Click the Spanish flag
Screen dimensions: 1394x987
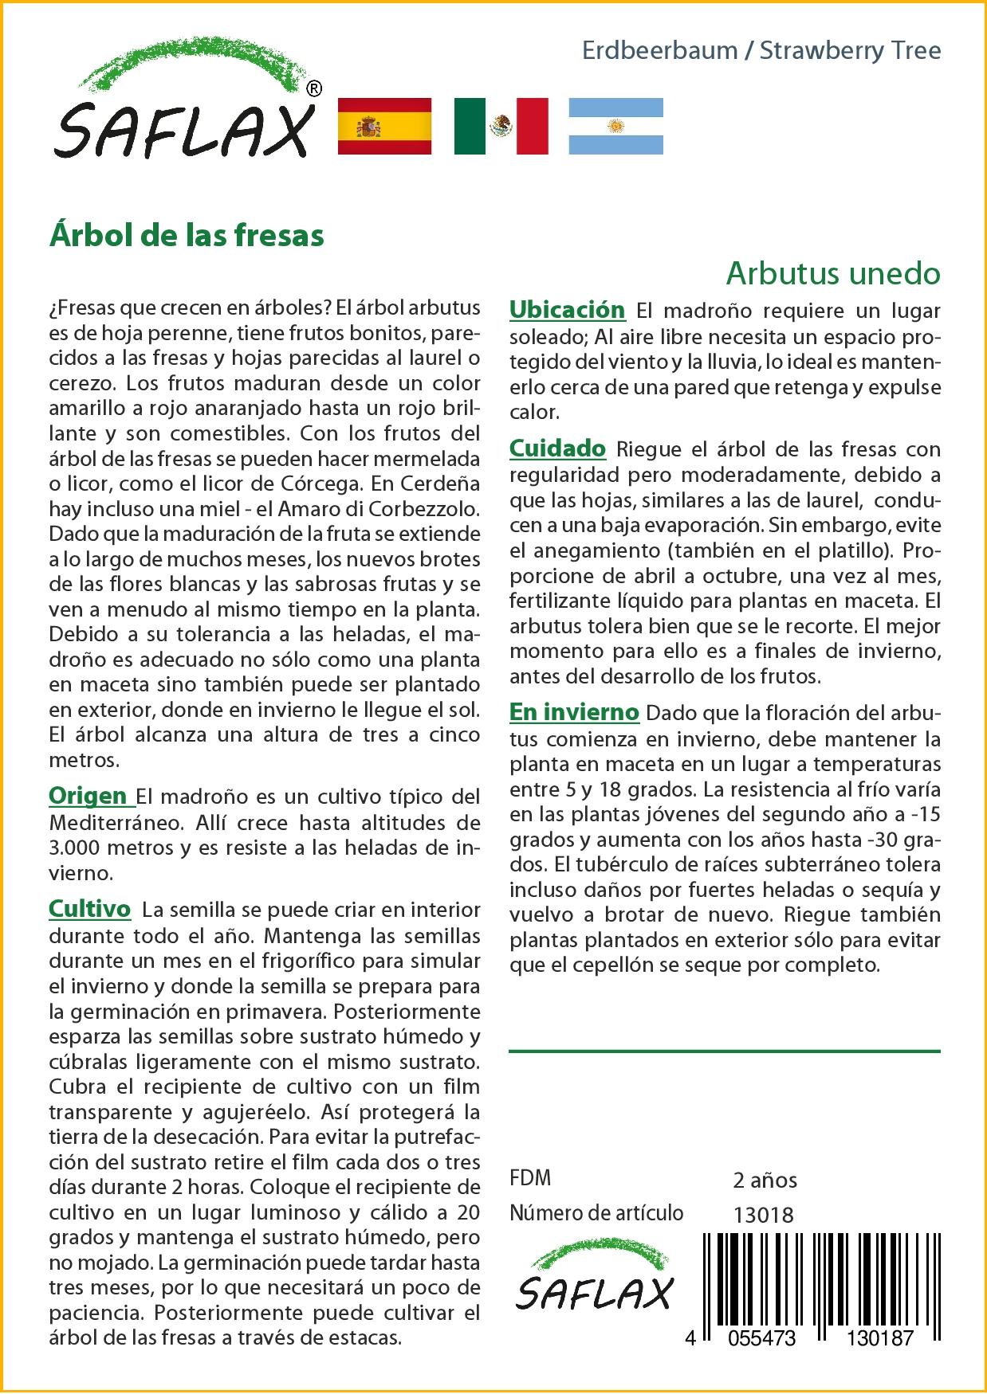384,126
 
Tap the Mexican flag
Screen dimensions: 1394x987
501,126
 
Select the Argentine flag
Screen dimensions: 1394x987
615,126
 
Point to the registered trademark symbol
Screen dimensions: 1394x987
314,89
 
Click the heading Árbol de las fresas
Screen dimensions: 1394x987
187,236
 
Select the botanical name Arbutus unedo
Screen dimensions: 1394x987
832,273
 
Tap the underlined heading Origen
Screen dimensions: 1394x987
88,796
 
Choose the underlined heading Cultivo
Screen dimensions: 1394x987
89,909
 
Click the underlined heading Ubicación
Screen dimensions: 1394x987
567,309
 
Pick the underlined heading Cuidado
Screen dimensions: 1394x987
557,448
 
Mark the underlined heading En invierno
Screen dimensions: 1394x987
574,711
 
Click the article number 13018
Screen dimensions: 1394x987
763,1215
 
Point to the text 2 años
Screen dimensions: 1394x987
765,1180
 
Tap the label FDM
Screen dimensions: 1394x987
530,1178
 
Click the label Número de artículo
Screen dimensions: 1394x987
596,1213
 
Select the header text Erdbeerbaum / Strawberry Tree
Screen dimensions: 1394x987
761,51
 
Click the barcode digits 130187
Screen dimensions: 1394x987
874,1338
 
